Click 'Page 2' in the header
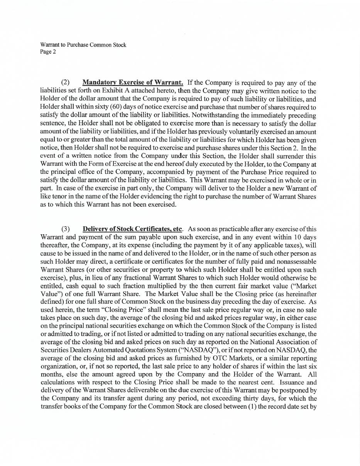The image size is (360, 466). click(48, 52)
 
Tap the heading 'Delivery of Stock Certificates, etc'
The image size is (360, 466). click(132, 229)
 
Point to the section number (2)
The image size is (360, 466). click(66, 82)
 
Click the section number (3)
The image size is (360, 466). click(66, 229)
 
